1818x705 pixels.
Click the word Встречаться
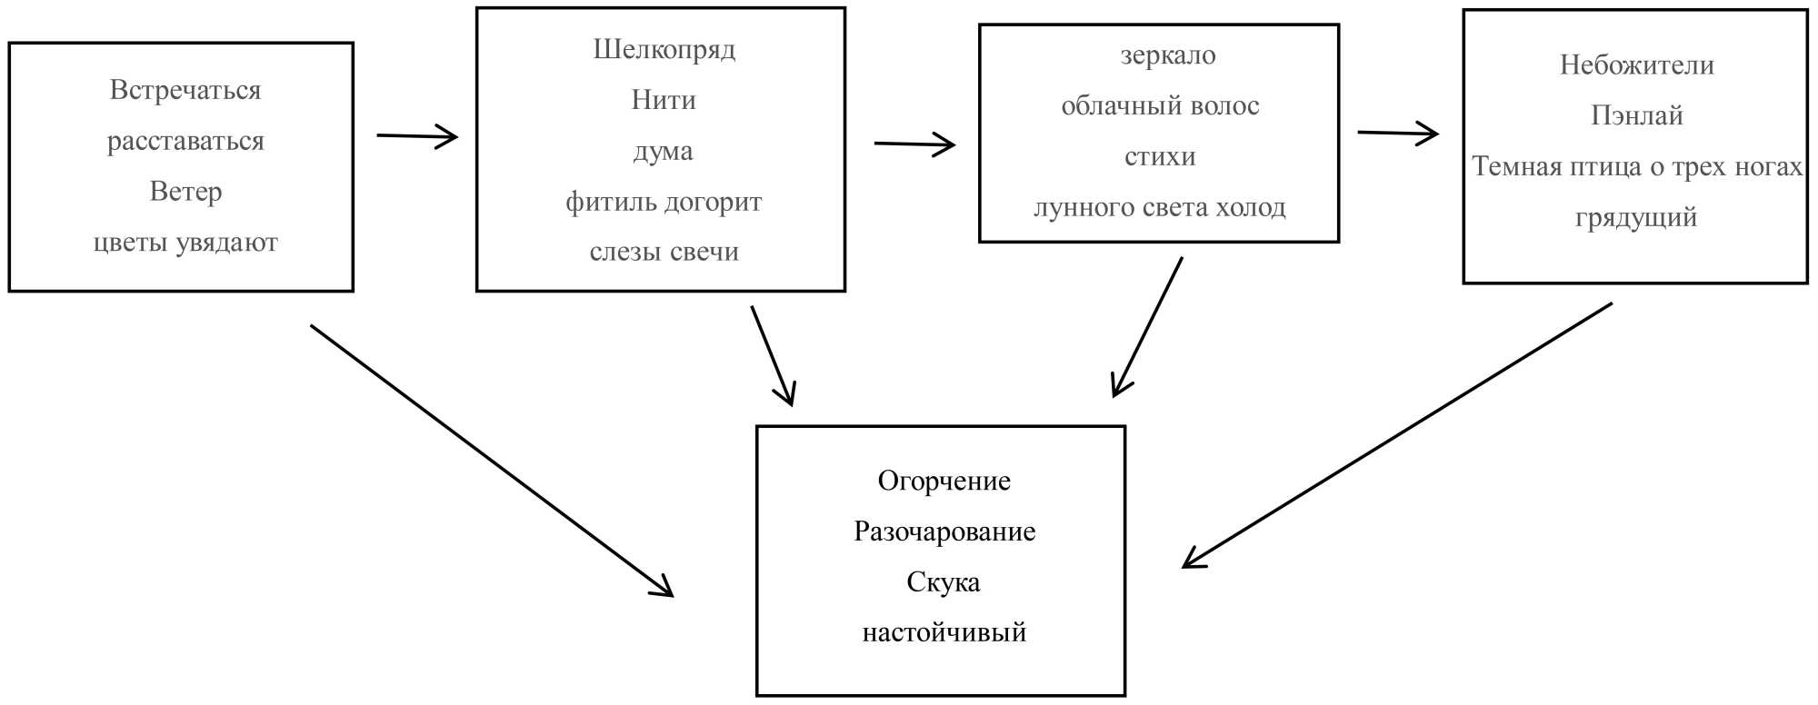(185, 90)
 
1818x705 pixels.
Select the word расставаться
(185, 141)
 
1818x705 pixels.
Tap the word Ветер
(185, 192)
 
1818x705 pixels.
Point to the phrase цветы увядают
(185, 243)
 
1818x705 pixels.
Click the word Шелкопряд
(664, 49)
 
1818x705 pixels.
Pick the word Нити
(664, 100)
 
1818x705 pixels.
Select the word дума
(664, 151)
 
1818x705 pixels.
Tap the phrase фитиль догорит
(664, 202)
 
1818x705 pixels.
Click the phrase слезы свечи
(664, 252)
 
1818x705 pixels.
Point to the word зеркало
(1167, 55)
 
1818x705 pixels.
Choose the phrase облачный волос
(1160, 106)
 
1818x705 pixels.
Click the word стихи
(1160, 157)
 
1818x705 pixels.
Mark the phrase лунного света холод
(1160, 208)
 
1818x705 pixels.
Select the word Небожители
(1636, 65)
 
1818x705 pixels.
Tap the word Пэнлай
(1636, 115)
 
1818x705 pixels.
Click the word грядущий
(1636, 218)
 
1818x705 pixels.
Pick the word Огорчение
(944, 481)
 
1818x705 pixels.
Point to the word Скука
(944, 582)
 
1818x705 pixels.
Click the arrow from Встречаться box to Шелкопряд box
(417, 136)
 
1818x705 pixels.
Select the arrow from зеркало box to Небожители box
(1397, 134)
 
